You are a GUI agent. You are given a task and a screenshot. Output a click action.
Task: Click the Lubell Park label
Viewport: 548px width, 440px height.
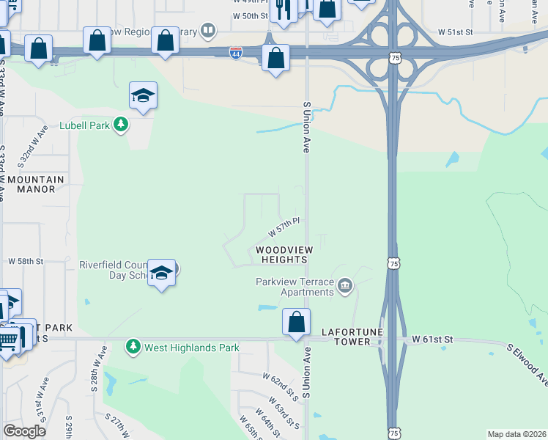pos(84,125)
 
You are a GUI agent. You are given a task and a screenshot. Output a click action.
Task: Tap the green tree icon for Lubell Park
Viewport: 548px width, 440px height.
pos(122,125)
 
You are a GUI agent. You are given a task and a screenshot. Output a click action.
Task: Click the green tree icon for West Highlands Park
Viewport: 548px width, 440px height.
pos(133,345)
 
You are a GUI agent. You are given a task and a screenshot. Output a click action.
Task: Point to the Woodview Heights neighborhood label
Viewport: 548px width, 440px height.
pos(281,254)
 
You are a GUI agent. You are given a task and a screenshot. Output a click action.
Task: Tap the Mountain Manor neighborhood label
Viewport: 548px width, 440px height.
pos(36,184)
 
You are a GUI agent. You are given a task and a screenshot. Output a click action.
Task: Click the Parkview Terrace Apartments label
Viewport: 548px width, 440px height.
pos(295,287)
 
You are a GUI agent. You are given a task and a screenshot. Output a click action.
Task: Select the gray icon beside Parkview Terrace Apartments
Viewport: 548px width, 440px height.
pos(345,285)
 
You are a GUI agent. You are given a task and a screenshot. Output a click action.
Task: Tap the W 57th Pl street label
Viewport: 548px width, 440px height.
pos(284,227)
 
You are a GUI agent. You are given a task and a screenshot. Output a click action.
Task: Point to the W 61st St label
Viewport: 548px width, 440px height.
pos(433,340)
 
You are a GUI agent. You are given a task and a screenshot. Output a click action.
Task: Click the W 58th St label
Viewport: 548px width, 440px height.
pos(26,261)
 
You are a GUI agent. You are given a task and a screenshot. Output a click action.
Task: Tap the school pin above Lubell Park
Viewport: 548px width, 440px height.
pos(143,95)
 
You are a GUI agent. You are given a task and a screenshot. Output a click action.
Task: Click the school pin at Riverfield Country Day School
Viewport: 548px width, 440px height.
pos(161,274)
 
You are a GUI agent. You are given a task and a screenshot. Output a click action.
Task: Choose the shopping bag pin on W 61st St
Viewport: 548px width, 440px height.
pos(296,322)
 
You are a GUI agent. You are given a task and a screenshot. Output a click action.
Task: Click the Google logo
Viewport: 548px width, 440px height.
pos(24,431)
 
